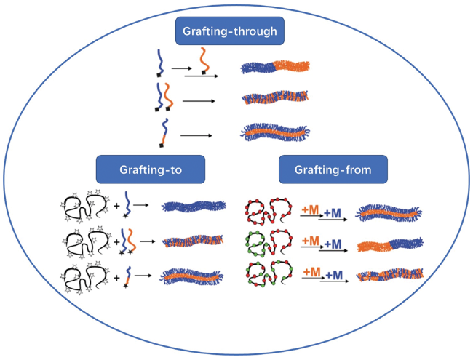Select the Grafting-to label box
[x=150, y=169]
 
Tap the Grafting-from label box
[x=333, y=169]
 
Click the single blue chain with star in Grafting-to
[x=128, y=204]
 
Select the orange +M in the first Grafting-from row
[x=309, y=209]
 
